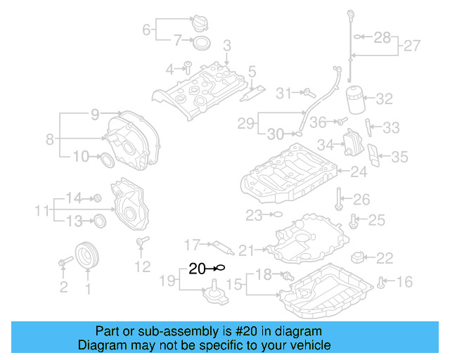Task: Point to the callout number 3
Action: coord(227,46)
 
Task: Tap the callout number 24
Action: coord(359,172)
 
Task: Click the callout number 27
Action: coord(411,47)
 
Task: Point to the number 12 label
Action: coord(143,266)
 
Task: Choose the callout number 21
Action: coord(245,250)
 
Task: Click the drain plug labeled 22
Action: coord(360,257)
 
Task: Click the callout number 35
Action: coord(399,157)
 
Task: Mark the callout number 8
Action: coord(50,139)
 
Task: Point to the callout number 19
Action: coord(167,282)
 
